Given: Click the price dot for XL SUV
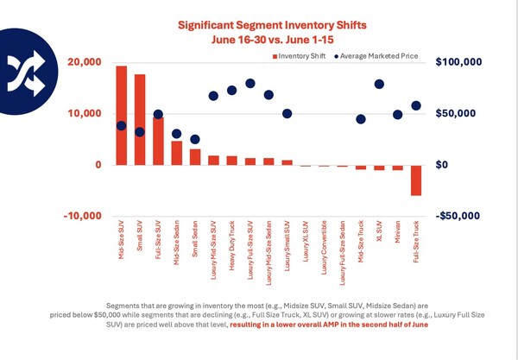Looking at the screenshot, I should tap(379, 85).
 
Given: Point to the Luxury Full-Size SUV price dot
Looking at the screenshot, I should tap(250, 84).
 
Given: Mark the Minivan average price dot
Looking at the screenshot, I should tap(398, 114).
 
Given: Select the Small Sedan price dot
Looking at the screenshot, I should tap(195, 139).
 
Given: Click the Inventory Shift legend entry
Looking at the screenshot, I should tap(299, 57).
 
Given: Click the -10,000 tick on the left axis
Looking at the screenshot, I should tap(85, 216).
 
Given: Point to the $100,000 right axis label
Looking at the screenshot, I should tap(461, 63).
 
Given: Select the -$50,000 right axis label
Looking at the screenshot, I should tap(461, 216).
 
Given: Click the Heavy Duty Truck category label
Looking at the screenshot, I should tap(232, 245).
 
